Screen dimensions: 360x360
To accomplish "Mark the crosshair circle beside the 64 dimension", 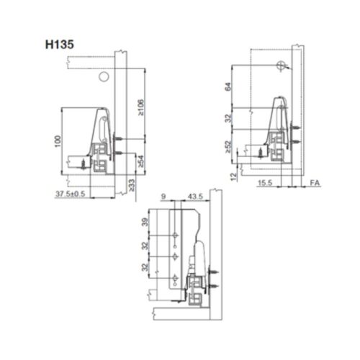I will pyautogui.click(x=279, y=65).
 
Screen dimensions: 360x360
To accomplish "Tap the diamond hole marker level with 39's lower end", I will pyautogui.click(x=175, y=235).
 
